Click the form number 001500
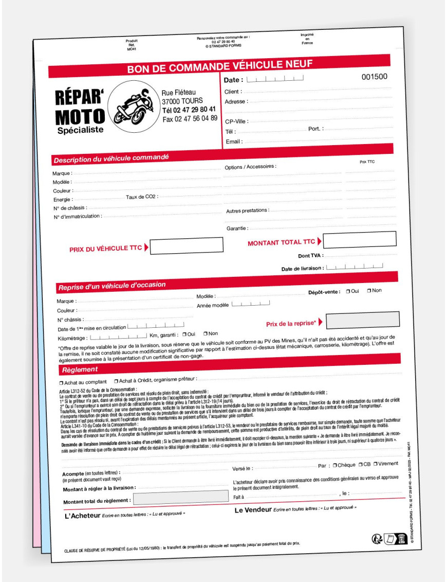click(x=375, y=77)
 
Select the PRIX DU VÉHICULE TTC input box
click(x=187, y=245)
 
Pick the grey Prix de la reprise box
click(x=363, y=320)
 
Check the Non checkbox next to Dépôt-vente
click(x=369, y=291)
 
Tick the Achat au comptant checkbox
click(x=61, y=382)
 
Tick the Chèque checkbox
click(x=335, y=465)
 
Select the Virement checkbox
click(x=376, y=464)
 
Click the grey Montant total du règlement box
click(x=181, y=497)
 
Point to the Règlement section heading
click(x=80, y=369)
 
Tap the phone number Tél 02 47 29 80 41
click(x=189, y=110)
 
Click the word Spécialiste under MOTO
click(x=80, y=130)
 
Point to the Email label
click(x=234, y=142)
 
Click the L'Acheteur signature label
click(x=82, y=515)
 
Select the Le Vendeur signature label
click(x=253, y=510)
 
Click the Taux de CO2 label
click(x=141, y=197)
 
